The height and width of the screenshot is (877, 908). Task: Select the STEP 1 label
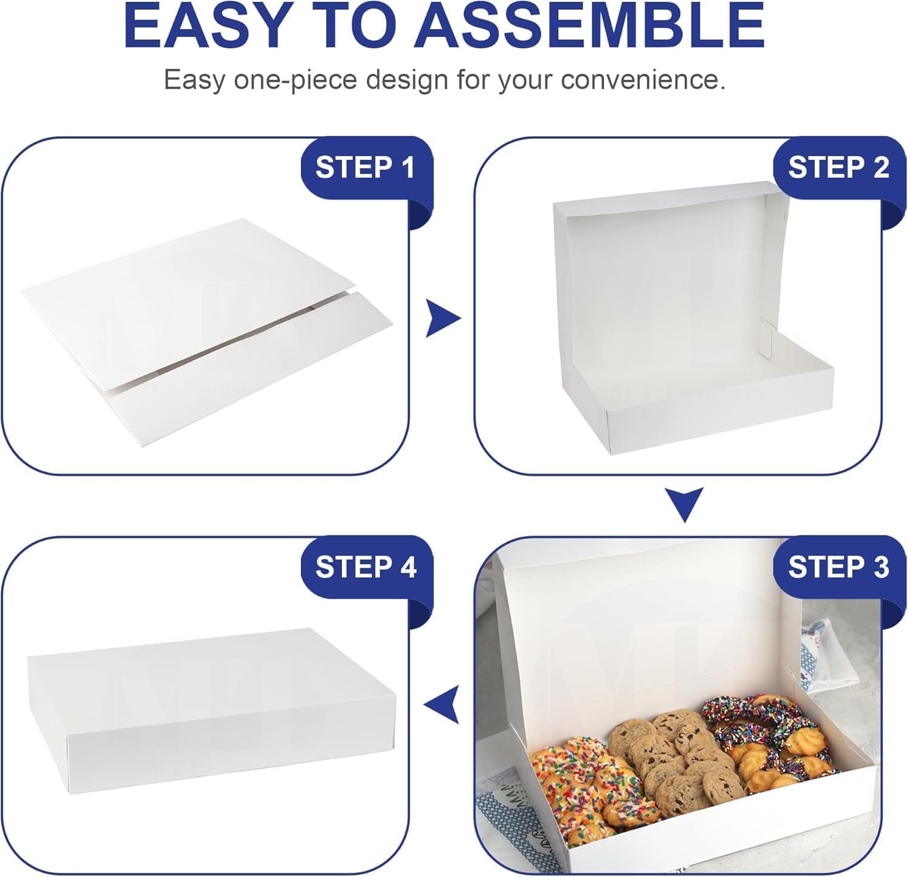pyautogui.click(x=366, y=167)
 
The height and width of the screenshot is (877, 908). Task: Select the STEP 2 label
pyautogui.click(x=838, y=167)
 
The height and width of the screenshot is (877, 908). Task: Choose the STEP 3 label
pyautogui.click(x=838, y=567)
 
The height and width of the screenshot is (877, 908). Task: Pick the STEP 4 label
pyautogui.click(x=366, y=567)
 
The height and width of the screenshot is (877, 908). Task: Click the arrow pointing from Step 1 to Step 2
pyautogui.click(x=442, y=318)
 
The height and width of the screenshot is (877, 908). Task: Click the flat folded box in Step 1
pyautogui.click(x=206, y=333)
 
